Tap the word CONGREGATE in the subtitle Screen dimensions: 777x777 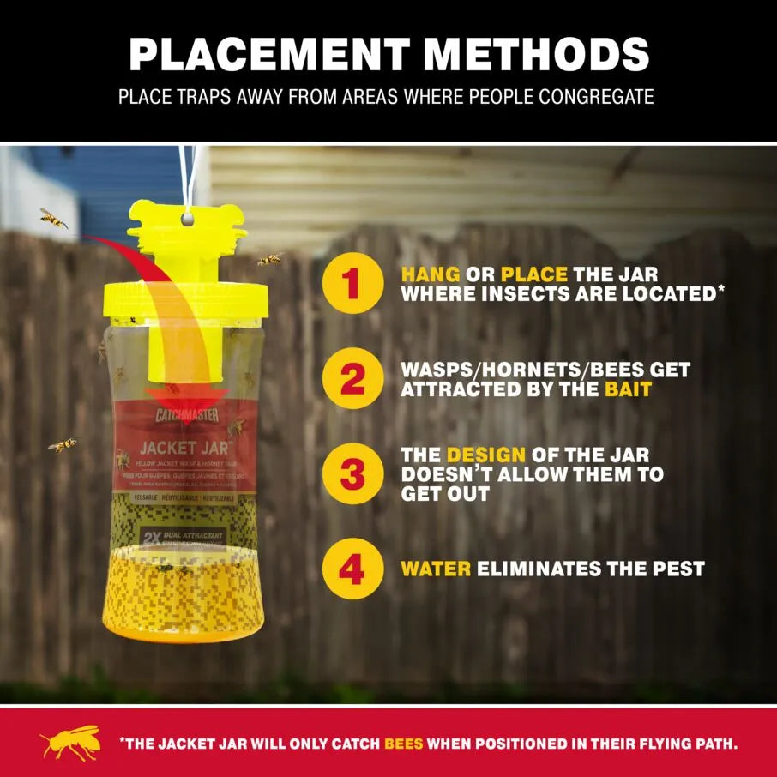(x=596, y=96)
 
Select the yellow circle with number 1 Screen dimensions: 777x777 (x=352, y=285)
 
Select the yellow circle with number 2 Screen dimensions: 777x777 (x=352, y=379)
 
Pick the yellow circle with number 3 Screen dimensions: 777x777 (x=352, y=473)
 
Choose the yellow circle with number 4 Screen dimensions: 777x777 (x=352, y=569)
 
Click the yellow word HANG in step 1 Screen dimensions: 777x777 (x=430, y=275)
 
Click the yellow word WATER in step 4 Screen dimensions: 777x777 (x=436, y=569)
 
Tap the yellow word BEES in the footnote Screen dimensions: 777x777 (x=403, y=744)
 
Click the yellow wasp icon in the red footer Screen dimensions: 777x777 (x=69, y=743)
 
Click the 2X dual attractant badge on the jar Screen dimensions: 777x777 (x=182, y=536)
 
